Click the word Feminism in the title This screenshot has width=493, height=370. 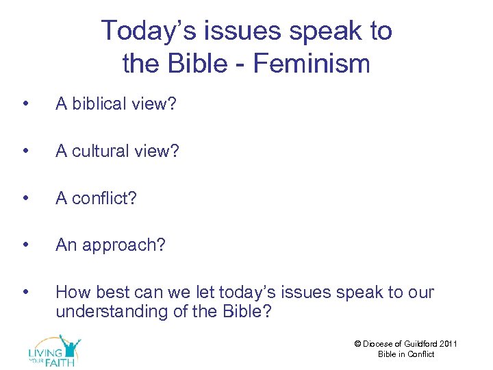(312, 64)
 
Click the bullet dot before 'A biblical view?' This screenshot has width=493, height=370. (25, 104)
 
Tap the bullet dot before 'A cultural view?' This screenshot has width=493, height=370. (25, 151)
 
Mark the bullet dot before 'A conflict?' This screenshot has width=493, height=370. (25, 199)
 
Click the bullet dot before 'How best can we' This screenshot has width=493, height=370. (25, 293)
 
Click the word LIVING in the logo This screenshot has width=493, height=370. (44, 352)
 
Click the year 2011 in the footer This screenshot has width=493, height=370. (448, 344)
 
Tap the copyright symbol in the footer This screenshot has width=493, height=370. (357, 344)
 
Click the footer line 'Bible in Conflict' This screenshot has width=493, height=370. (406, 354)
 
